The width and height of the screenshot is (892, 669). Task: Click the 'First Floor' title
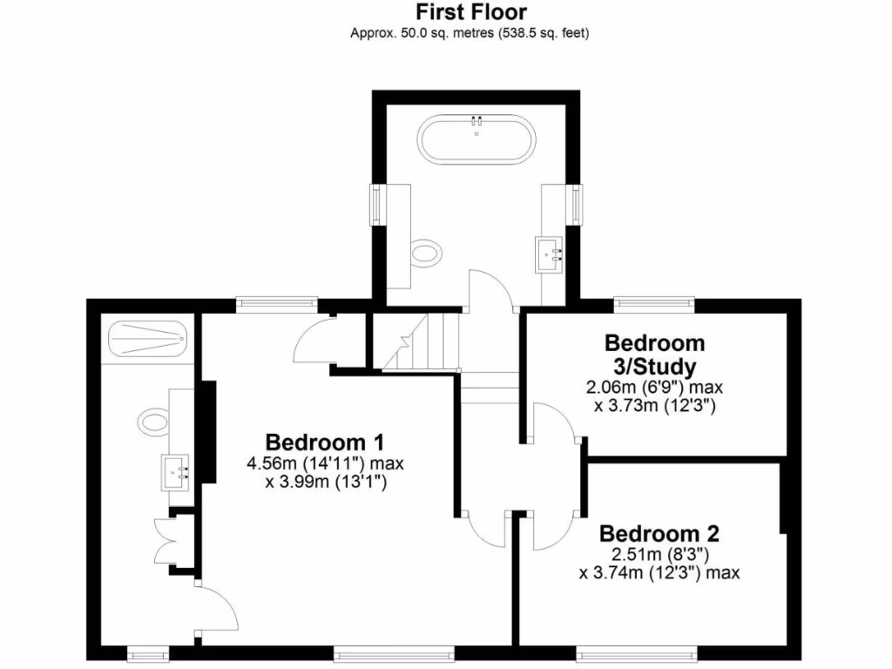471,12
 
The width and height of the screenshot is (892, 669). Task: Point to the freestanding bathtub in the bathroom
476,139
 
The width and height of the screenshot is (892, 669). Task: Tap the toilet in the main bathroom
426,253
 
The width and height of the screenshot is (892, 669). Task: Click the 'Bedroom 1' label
325,441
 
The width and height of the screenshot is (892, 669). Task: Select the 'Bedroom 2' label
659,533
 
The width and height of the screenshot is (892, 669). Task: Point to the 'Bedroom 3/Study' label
654,353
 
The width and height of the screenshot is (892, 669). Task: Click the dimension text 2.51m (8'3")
659,554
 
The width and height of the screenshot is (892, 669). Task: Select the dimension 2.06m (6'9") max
655,387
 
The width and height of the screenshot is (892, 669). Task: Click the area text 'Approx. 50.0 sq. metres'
471,34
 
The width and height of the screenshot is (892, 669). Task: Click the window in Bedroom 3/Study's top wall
653,303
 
